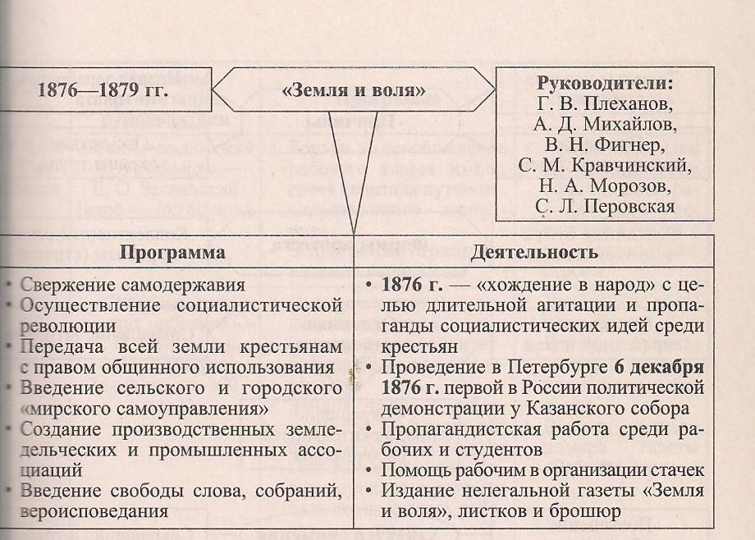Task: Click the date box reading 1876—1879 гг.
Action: pos(103,90)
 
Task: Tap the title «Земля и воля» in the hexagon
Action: pos(354,90)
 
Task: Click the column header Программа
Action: pos(172,252)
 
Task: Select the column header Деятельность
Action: pos(534,252)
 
